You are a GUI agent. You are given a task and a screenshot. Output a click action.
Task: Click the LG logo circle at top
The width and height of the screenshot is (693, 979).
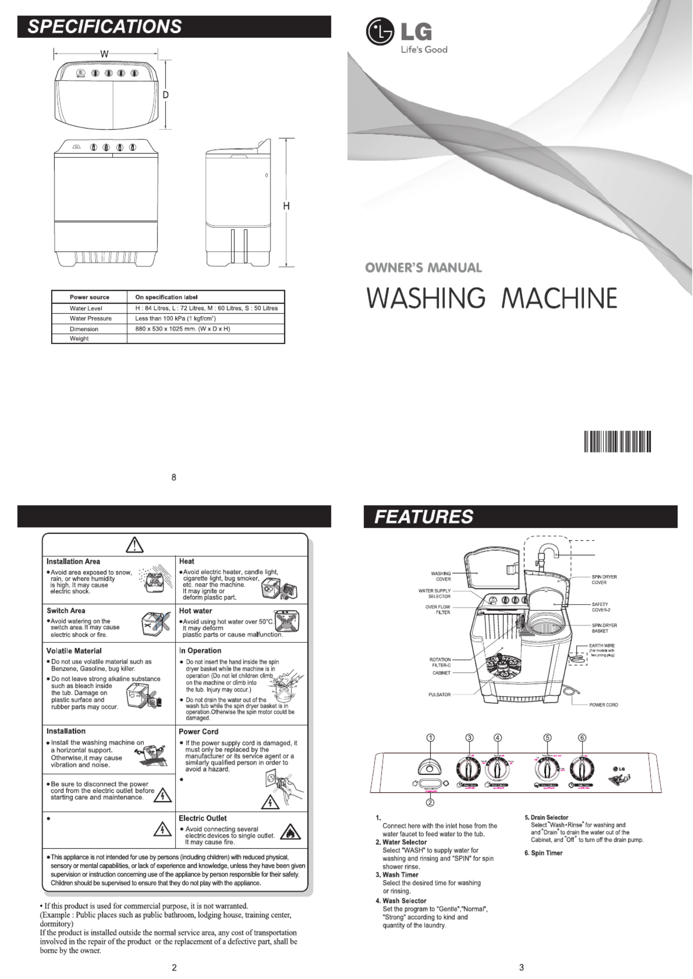[x=379, y=32]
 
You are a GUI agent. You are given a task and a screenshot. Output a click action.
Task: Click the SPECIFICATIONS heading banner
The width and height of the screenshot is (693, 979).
[x=104, y=26]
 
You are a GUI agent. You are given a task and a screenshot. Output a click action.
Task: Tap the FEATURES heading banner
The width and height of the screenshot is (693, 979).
[x=423, y=517]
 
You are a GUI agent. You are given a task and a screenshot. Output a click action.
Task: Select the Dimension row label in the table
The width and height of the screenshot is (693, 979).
[x=84, y=329]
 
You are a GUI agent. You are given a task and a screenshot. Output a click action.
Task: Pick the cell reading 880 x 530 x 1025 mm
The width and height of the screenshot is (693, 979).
[x=183, y=329]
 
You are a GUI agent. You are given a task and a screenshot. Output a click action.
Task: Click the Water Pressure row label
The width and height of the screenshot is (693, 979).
[x=90, y=318]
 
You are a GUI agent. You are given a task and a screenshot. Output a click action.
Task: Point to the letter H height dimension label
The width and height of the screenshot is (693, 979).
[x=286, y=205]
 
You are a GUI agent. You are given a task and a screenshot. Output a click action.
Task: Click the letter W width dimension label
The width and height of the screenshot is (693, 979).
[x=104, y=54]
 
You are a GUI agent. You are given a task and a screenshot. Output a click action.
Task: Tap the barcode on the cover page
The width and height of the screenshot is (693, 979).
[x=617, y=442]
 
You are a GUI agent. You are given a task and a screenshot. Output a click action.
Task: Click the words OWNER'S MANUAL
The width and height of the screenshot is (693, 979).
[x=423, y=268]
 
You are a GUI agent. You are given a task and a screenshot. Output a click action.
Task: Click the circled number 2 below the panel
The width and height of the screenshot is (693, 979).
[x=431, y=802]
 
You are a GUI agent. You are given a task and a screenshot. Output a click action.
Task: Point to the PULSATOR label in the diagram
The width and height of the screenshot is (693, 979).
[x=439, y=695]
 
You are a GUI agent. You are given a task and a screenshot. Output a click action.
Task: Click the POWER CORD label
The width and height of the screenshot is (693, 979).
[x=603, y=705]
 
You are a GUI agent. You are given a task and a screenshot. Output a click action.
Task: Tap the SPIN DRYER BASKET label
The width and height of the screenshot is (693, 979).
[x=604, y=628]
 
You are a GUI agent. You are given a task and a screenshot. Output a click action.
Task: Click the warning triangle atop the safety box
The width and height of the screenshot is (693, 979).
[x=134, y=545]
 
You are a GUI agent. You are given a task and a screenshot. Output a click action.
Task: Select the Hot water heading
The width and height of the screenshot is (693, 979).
[x=195, y=611]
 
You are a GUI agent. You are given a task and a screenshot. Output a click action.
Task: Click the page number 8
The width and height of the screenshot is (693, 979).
[x=174, y=477]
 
